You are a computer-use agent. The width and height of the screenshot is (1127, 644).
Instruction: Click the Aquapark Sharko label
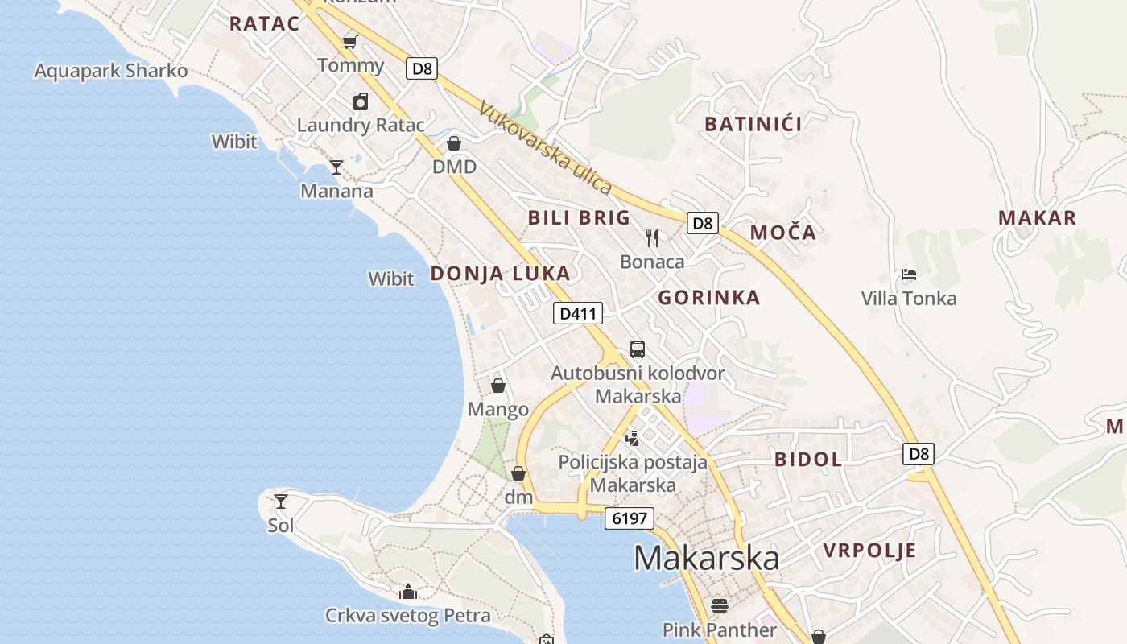110,71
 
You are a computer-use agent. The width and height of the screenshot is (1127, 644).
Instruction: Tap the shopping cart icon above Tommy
350,41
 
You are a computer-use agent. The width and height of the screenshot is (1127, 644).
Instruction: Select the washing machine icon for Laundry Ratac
361,101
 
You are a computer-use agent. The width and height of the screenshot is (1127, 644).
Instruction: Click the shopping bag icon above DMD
454,143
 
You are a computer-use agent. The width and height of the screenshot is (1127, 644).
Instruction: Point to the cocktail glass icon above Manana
336,167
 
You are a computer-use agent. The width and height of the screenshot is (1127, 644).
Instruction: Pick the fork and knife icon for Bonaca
652,237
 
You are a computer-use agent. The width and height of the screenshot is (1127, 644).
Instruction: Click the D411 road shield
577,313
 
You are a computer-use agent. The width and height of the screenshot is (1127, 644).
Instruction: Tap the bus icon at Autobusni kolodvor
637,349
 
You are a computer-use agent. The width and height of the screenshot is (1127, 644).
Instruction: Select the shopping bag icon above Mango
498,386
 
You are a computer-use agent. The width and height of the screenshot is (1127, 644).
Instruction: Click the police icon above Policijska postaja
633,438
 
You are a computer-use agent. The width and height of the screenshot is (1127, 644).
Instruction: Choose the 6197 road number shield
630,518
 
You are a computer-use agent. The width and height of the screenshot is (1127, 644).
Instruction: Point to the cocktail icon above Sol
281,502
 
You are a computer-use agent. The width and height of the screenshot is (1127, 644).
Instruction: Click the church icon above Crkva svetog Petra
408,592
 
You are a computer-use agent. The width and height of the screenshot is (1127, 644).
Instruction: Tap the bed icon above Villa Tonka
909,275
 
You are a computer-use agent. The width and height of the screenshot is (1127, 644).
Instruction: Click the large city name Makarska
706,558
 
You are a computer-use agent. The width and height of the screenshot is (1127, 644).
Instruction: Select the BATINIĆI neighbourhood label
753,124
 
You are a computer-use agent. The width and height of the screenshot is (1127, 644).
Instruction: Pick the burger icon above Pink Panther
720,605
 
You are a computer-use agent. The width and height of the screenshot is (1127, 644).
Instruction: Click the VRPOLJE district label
869,551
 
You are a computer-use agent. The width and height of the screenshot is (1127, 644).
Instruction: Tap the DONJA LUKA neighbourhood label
500,274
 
